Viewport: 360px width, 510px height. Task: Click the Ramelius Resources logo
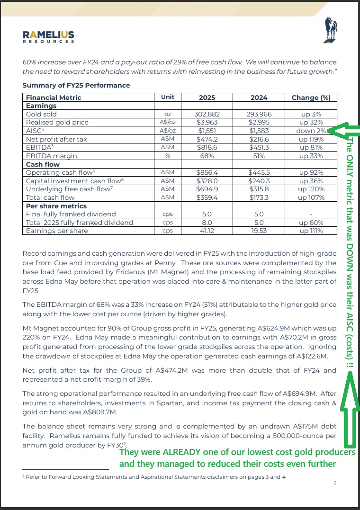(48, 36)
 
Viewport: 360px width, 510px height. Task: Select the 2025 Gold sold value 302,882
(207, 114)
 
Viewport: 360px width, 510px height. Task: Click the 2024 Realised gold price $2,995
(259, 122)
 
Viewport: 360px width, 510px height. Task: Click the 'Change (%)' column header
(312, 98)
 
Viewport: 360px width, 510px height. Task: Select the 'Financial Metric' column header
(54, 98)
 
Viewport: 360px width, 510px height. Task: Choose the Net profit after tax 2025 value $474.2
(207, 139)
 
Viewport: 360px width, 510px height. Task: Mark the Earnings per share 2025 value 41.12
(207, 231)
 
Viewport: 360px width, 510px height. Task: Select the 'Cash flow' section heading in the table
(43, 164)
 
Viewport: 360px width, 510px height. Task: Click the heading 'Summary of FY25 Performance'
(76, 85)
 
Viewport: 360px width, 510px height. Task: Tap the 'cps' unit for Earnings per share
(168, 231)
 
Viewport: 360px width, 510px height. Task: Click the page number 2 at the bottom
(335, 483)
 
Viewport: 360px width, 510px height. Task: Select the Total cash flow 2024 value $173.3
(259, 197)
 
